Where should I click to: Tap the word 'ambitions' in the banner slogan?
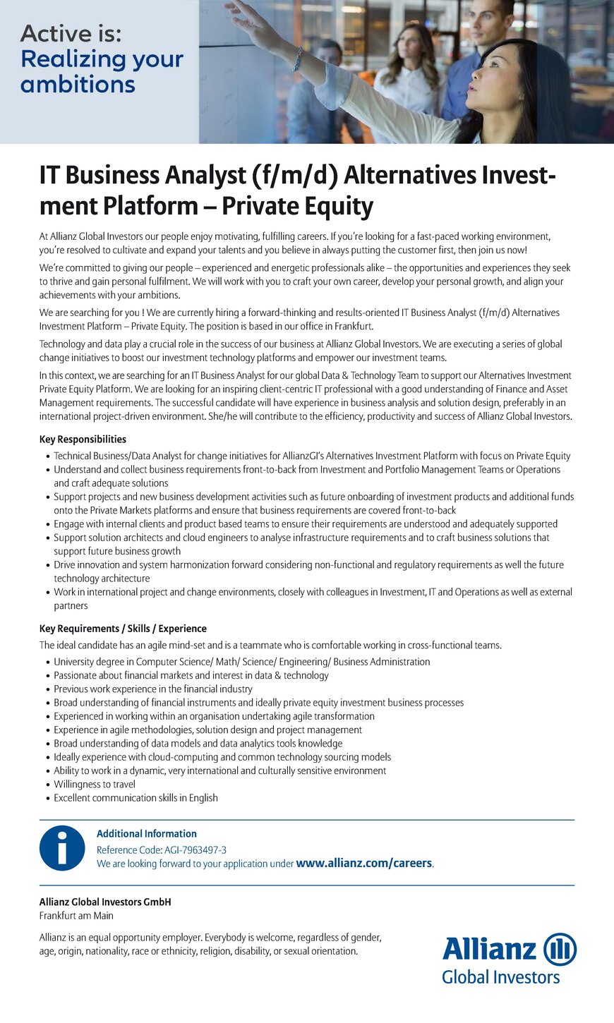point(78,85)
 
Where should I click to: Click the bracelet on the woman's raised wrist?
point(298,58)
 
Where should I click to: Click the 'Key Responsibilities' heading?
point(83,439)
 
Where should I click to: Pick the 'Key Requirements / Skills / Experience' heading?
point(123,629)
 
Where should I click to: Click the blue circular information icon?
point(62,848)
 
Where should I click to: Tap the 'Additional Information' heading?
point(147,833)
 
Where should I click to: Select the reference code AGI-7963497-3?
point(195,850)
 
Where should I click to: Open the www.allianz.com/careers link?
point(364,863)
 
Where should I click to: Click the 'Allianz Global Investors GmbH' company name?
point(105,902)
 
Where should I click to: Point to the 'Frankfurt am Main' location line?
point(76,916)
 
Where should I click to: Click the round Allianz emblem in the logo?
point(560,949)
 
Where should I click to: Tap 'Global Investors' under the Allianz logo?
point(500,977)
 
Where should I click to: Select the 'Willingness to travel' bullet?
point(95,784)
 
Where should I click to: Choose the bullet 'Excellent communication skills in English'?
point(136,798)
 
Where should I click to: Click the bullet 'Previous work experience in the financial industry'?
point(153,689)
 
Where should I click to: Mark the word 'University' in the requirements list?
point(75,662)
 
